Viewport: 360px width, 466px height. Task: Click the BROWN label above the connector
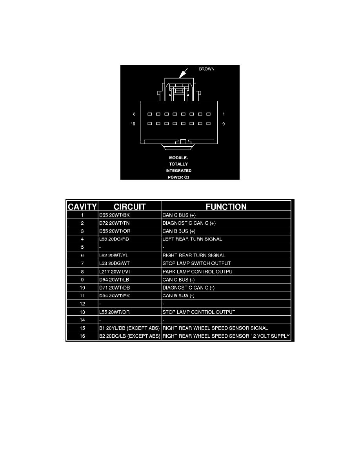[x=206, y=69]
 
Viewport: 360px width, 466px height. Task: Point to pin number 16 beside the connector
[x=133, y=124]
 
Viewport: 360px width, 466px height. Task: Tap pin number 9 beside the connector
[x=224, y=124]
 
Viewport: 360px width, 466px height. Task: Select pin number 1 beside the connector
[x=224, y=114]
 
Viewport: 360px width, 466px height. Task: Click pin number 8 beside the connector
[x=134, y=114]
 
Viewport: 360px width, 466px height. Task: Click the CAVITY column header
[x=82, y=207]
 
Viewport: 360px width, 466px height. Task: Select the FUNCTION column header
[x=226, y=207]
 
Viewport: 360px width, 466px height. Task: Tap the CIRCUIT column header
[x=129, y=207]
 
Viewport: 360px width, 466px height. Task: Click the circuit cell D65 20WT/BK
[x=115, y=215]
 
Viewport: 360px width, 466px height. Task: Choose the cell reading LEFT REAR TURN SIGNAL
[x=192, y=239]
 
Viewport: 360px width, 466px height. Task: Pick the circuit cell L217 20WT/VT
[x=115, y=271]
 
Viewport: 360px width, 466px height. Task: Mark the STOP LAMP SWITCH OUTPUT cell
[x=196, y=263]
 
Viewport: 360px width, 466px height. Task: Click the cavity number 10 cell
[x=82, y=288]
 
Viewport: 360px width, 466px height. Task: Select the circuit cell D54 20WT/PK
[x=115, y=296]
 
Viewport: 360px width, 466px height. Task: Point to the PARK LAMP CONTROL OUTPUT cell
[x=199, y=271]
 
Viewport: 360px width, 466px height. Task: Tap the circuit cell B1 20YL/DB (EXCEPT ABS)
[x=129, y=328]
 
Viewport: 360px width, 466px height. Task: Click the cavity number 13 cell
[x=82, y=312]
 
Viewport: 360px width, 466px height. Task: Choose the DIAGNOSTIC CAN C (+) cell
[x=189, y=223]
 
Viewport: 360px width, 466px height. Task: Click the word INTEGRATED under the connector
[x=178, y=171]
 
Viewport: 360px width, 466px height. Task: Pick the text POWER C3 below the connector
[x=178, y=177]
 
